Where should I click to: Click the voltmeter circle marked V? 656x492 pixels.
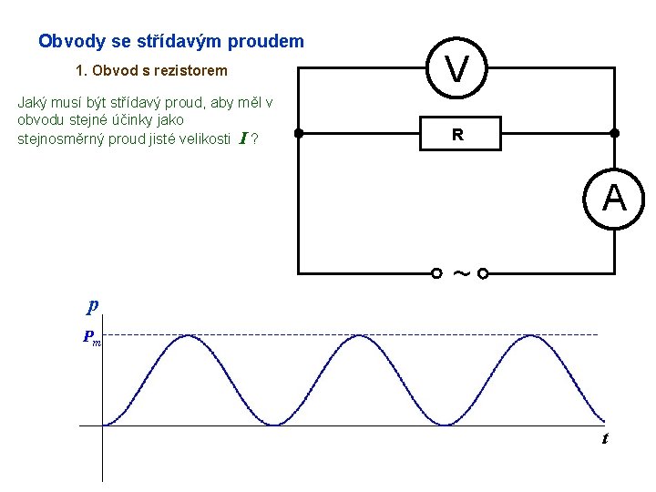(x=458, y=67)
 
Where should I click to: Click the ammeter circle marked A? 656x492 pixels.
(x=614, y=199)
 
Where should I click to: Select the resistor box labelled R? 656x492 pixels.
(x=457, y=134)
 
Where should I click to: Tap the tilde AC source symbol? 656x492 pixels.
(x=460, y=272)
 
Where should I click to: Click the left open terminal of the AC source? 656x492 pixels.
(x=436, y=272)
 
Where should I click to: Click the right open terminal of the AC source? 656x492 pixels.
(x=483, y=272)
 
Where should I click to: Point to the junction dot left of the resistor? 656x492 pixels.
(x=298, y=133)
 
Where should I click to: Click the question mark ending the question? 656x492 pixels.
(x=254, y=139)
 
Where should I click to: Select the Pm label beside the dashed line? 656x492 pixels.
(x=92, y=337)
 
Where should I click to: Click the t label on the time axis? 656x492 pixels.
(x=604, y=439)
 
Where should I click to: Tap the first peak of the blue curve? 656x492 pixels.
(x=188, y=336)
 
